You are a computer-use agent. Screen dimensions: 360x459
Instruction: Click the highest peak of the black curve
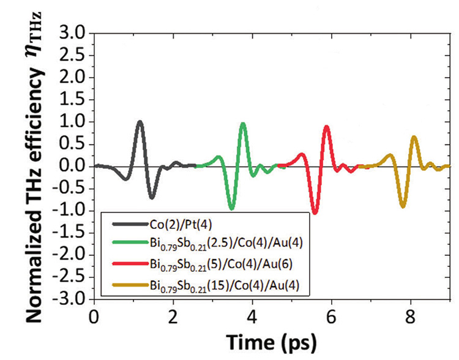tap(140, 122)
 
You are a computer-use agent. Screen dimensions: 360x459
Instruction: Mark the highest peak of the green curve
tap(243, 124)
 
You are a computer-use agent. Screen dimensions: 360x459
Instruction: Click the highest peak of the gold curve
tap(414, 137)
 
